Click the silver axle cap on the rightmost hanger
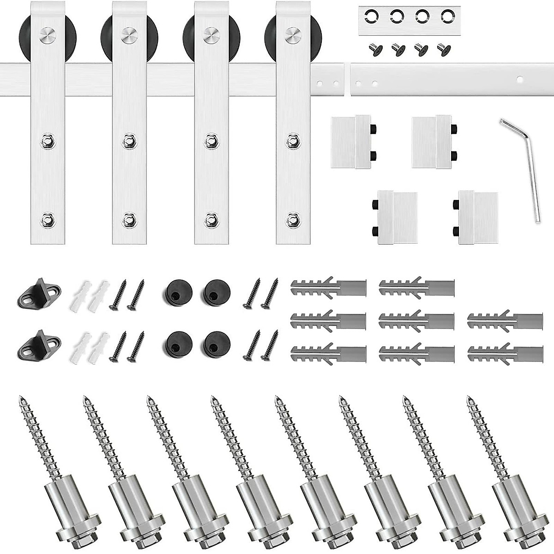tap(293, 34)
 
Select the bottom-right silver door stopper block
tap(476, 217)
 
